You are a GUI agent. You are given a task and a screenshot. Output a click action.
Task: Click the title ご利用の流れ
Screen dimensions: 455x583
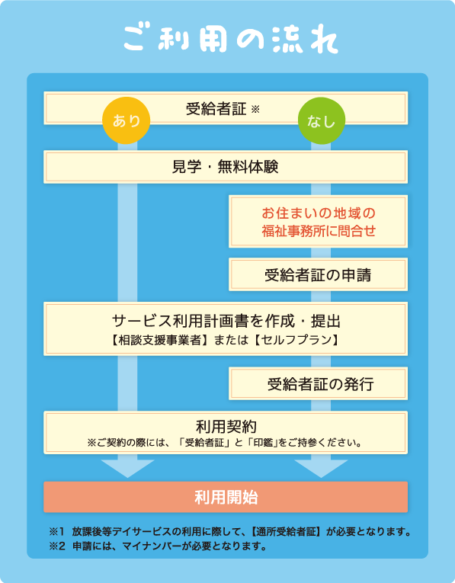(230, 39)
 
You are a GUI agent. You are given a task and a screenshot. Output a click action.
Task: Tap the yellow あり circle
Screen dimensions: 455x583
(126, 120)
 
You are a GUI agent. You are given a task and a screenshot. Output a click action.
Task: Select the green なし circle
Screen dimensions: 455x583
(322, 120)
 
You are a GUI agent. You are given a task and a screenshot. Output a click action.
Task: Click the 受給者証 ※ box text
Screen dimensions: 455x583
(223, 109)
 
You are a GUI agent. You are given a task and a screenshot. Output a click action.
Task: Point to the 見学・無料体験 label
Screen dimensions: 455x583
(226, 167)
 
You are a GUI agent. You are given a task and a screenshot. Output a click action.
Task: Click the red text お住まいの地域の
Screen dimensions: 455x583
(319, 213)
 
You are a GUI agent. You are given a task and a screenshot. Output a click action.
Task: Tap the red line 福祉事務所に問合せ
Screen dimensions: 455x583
(319, 231)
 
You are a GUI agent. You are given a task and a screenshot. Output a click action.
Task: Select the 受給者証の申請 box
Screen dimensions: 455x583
(319, 274)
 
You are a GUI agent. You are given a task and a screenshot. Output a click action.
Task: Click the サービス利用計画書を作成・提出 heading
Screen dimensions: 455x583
(226, 321)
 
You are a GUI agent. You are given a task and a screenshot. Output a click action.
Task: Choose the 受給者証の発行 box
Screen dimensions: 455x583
(319, 383)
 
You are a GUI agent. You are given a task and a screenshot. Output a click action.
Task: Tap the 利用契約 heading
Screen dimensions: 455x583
(226, 427)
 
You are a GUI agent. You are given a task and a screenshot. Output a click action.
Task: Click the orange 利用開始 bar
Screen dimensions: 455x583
(226, 497)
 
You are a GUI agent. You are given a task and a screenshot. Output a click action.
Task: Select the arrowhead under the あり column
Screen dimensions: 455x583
(127, 469)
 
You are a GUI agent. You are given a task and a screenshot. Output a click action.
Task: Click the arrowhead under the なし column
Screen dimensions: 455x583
(321, 469)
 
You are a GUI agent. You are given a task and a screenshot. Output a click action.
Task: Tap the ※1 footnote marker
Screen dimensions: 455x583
(57, 532)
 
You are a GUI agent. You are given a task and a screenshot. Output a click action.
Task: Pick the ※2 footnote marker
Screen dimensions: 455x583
(57, 546)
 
